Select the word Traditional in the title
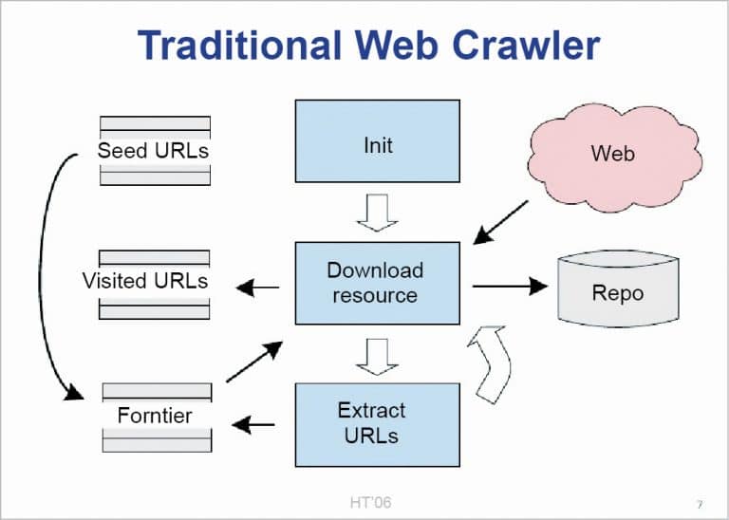point(238,46)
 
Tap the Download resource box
point(378,282)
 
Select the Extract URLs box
point(378,422)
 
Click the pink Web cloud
point(613,153)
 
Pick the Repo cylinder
point(617,291)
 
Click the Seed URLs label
point(155,151)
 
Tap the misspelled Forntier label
point(155,416)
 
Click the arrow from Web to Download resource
point(502,221)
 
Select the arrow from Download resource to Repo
point(509,285)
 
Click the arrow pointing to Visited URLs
point(257,288)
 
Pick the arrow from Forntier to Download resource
point(254,362)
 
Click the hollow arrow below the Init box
point(377,212)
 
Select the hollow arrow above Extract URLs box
point(377,356)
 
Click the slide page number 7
point(699,503)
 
